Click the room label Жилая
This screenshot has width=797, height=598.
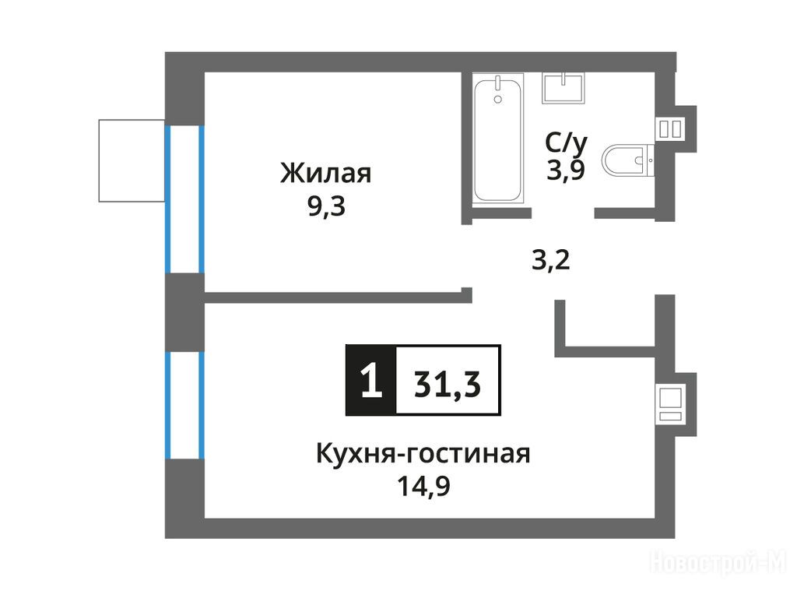pyautogui.click(x=326, y=173)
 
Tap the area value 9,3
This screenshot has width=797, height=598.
pyautogui.click(x=326, y=206)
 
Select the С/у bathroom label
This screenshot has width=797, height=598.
pyautogui.click(x=567, y=143)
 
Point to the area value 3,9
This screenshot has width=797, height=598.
pyautogui.click(x=566, y=170)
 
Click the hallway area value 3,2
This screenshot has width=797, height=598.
pyautogui.click(x=550, y=260)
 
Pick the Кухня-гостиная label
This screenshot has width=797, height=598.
pyautogui.click(x=423, y=454)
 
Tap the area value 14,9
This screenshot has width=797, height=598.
pyautogui.click(x=423, y=486)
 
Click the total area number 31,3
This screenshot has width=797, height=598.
pyautogui.click(x=448, y=384)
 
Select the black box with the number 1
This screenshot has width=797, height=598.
pyautogui.click(x=370, y=380)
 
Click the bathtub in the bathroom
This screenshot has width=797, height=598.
pyautogui.click(x=498, y=139)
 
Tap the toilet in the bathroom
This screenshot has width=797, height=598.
pyautogui.click(x=628, y=160)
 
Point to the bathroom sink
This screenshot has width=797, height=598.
pyautogui.click(x=564, y=88)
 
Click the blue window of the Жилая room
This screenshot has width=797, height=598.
pyautogui.click(x=184, y=199)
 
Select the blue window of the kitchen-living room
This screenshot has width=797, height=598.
pyautogui.click(x=184, y=405)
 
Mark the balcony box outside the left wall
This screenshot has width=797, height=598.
pyautogui.click(x=132, y=160)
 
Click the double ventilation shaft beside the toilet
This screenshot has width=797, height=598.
pyautogui.click(x=670, y=128)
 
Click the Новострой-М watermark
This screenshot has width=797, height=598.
pyautogui.click(x=718, y=563)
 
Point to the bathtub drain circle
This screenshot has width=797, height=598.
pyautogui.click(x=497, y=100)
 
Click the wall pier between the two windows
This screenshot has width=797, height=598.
pyautogui.click(x=184, y=312)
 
